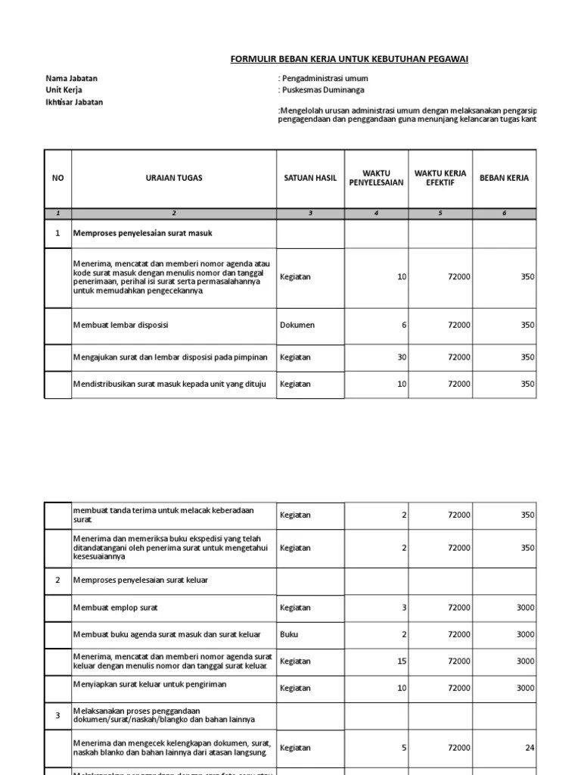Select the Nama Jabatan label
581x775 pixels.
(72, 79)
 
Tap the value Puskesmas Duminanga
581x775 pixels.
(322, 90)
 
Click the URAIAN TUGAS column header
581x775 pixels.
(174, 179)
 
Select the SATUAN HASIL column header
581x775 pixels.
(310, 179)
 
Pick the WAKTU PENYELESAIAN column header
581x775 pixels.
(376, 179)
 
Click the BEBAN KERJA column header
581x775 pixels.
(504, 179)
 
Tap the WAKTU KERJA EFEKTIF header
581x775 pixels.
(440, 179)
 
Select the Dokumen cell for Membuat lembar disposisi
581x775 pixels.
(297, 325)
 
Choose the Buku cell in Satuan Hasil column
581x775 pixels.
(288, 635)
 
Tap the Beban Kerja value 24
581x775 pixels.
(530, 748)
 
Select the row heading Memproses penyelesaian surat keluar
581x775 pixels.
(141, 580)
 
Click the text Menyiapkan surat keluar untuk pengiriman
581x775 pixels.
(149, 684)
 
